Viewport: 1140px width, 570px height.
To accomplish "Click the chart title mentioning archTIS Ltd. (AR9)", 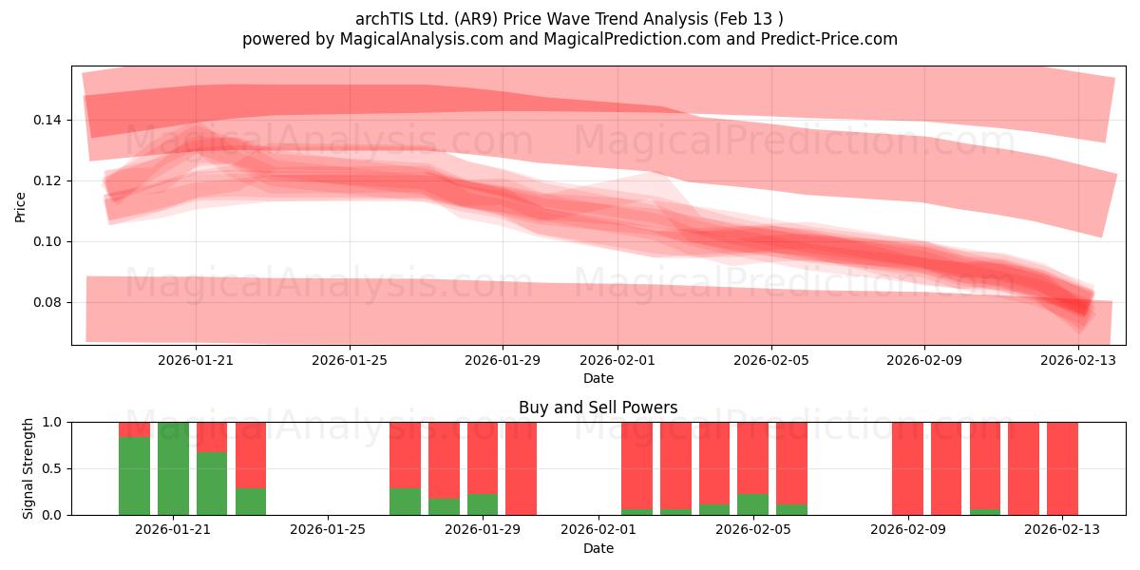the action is pyautogui.click(x=569, y=19).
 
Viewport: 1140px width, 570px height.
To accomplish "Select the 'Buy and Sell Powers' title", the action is pyautogui.click(x=598, y=408).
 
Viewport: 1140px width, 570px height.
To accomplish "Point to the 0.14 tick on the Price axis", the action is pyautogui.click(x=47, y=120).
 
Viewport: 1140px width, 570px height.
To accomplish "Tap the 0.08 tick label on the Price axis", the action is pyautogui.click(x=47, y=302).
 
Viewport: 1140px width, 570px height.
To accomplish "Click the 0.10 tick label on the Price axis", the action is pyautogui.click(x=47, y=241).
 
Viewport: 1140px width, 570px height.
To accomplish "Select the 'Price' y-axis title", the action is pyautogui.click(x=20, y=208).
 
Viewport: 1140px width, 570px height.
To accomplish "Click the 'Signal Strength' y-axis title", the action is pyautogui.click(x=28, y=468).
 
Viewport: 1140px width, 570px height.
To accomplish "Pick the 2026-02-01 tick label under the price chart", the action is pyautogui.click(x=617, y=360).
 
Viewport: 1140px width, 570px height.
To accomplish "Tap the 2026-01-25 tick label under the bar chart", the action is pyautogui.click(x=328, y=530).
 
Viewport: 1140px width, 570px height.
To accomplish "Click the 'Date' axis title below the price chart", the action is pyautogui.click(x=598, y=379).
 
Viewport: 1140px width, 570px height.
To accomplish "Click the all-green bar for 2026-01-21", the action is pyautogui.click(x=173, y=468).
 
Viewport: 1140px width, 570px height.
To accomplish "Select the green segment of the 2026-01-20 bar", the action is pyautogui.click(x=134, y=476).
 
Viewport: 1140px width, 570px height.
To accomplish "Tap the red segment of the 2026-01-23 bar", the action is pyautogui.click(x=251, y=455).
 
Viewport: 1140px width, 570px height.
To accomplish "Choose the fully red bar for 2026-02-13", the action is pyautogui.click(x=1063, y=468).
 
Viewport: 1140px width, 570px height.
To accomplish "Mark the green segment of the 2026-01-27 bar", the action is pyautogui.click(x=405, y=502).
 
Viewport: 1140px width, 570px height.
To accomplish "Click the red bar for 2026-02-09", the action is pyautogui.click(x=907, y=468).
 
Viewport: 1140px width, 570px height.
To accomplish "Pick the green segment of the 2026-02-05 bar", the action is pyautogui.click(x=752, y=504).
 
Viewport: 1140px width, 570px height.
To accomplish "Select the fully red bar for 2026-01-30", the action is pyautogui.click(x=522, y=468).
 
